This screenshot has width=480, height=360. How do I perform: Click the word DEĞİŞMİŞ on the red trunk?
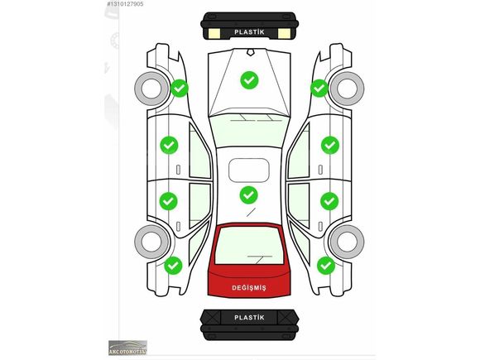point(249,288)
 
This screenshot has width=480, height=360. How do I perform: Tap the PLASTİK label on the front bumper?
point(249,31)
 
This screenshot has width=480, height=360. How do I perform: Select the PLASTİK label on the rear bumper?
point(249,318)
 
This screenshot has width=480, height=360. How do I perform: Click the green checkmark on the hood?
point(249,80)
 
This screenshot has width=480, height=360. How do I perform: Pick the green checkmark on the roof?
point(248,195)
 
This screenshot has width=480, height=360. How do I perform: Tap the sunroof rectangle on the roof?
point(249,170)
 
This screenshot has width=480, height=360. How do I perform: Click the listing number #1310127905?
point(125,4)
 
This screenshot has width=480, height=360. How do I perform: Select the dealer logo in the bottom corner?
point(127,348)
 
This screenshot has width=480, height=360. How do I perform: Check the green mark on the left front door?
point(169,145)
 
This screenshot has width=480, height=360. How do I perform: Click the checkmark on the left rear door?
point(168,201)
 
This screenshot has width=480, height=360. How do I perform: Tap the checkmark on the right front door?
point(330,145)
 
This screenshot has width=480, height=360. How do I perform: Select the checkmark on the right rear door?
point(329,201)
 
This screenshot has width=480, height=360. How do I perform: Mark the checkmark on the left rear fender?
point(173,266)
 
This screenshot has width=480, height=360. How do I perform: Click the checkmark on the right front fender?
point(319,89)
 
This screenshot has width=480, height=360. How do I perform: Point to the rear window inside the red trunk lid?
point(249,246)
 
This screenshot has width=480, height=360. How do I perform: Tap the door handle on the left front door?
point(178,170)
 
